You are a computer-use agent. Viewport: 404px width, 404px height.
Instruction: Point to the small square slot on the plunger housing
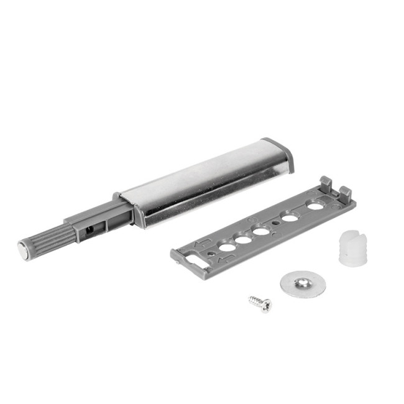[90, 229]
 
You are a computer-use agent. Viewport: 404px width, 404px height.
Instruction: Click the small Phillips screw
[260, 303]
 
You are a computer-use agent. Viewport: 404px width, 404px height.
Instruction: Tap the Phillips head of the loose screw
[266, 305]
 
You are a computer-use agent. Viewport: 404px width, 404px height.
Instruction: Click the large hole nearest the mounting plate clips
[315, 206]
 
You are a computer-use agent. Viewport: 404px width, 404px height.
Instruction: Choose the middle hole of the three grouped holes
[244, 239]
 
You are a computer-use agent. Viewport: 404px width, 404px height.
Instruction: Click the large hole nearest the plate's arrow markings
[227, 247]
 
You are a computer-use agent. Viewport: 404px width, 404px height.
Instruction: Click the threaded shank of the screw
[255, 301]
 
